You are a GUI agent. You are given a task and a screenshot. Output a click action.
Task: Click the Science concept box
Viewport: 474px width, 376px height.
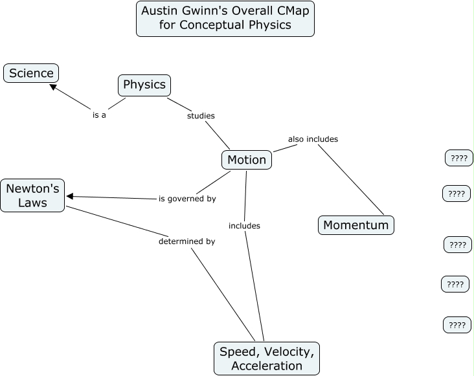(x=31, y=73)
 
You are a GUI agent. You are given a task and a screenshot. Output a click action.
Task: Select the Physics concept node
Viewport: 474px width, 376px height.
(x=144, y=85)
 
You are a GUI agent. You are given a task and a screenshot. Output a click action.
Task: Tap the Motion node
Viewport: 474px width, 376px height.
(x=247, y=160)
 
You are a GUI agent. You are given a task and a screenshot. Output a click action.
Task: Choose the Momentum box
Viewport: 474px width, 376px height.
(x=356, y=225)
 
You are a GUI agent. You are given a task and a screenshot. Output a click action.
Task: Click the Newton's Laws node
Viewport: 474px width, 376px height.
(x=32, y=195)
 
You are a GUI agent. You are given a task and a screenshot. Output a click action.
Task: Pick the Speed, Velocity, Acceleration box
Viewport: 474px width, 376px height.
(x=267, y=359)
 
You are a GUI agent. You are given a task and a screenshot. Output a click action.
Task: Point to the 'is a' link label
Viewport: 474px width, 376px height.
(x=99, y=115)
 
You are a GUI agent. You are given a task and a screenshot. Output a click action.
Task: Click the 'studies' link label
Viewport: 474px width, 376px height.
(x=201, y=116)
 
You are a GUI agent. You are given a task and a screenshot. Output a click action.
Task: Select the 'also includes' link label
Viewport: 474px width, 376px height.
(x=313, y=138)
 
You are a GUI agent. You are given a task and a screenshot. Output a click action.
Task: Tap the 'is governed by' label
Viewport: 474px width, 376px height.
(x=187, y=199)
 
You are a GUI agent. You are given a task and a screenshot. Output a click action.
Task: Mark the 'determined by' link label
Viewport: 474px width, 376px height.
(x=186, y=241)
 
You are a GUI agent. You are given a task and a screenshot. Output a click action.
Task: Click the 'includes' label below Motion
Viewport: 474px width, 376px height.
(x=244, y=226)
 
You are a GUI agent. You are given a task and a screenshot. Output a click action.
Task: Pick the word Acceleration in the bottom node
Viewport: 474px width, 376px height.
(x=267, y=366)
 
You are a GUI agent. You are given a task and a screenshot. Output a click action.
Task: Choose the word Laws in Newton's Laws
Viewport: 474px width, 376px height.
(x=32, y=203)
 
